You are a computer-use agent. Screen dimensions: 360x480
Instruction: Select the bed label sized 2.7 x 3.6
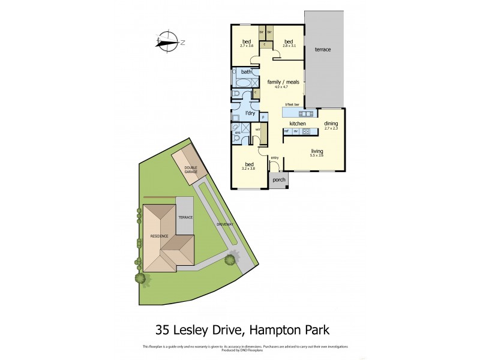point(247,42)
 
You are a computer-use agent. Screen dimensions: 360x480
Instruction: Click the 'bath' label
point(246,73)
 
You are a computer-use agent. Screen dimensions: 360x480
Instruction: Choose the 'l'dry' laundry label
point(250,113)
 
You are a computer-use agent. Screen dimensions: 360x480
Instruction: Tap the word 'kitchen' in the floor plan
point(298,123)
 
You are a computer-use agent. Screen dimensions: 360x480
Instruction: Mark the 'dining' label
point(331,123)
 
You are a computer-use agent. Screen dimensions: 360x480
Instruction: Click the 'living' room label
point(317,151)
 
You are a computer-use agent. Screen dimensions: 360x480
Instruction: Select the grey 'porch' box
point(279,179)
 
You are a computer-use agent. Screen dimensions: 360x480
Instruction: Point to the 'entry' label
point(275,158)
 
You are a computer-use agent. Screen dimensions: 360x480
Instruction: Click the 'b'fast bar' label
point(292,105)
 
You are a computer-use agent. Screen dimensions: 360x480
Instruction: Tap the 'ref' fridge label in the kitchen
point(287,131)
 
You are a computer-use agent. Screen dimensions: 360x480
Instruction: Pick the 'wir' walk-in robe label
point(257,129)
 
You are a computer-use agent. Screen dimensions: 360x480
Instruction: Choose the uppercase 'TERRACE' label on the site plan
point(185,216)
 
